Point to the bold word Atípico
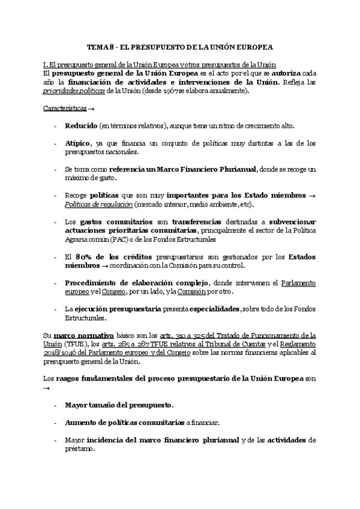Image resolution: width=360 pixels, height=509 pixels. [x=78, y=144]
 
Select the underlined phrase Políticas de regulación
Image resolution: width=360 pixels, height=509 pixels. [x=98, y=205]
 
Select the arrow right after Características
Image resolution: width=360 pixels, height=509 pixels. [x=91, y=109]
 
